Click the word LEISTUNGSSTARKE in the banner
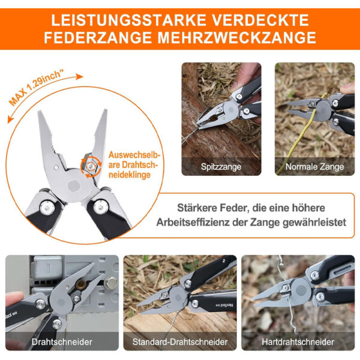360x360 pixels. click(x=128, y=20)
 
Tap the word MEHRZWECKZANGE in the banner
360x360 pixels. click(x=237, y=37)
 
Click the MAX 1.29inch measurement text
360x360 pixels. click(x=36, y=88)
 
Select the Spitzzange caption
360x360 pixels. click(x=221, y=166)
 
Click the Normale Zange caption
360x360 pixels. click(x=314, y=167)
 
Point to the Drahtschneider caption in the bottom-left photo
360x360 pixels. click(x=62, y=342)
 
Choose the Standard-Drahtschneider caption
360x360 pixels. click(x=180, y=342)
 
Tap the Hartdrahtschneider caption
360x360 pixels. click(x=298, y=342)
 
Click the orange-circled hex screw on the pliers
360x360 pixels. click(x=91, y=166)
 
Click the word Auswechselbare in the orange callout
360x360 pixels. click(x=134, y=160)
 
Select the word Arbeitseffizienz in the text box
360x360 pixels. click(x=193, y=222)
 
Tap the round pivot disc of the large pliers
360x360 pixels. click(x=74, y=185)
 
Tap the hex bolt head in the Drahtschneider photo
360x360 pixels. click(x=110, y=283)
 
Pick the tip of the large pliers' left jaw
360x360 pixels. click(x=40, y=112)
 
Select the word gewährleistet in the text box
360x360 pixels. click(x=314, y=222)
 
